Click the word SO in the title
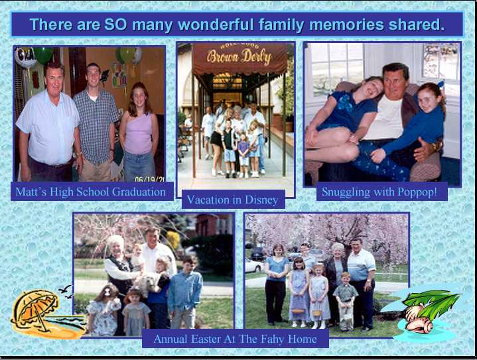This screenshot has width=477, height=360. pos(115,25)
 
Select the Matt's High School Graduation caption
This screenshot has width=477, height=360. pos(91,192)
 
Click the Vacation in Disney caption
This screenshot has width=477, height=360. pos(232,200)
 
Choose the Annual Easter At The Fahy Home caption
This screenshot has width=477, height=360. pos(235,339)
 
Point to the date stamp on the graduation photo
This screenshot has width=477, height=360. pos(149,179)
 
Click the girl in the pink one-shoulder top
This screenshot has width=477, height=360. pos(139,132)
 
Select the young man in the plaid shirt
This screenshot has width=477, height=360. pos(95,122)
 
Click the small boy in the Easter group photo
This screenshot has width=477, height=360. pos(346,302)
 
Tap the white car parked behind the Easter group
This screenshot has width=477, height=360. pos(254,265)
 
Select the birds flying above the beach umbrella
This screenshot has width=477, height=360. pos(66,291)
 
